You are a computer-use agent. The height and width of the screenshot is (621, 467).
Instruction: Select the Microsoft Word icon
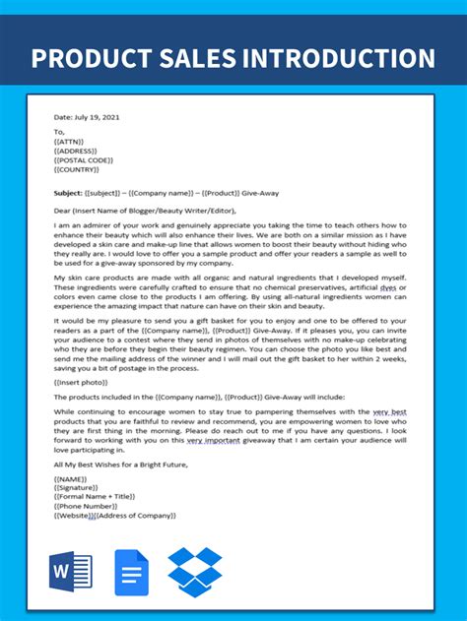[x=70, y=573]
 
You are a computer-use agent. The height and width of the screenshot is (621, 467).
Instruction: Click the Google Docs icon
[x=132, y=573]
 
